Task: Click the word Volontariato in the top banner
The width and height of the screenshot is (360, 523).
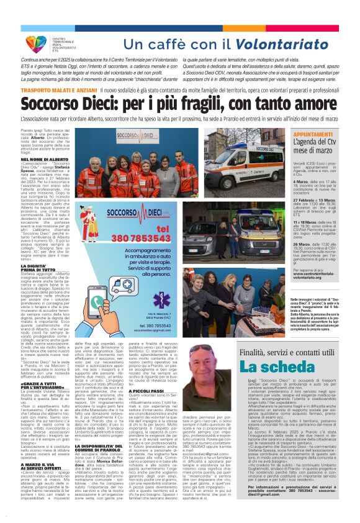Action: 302,44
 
